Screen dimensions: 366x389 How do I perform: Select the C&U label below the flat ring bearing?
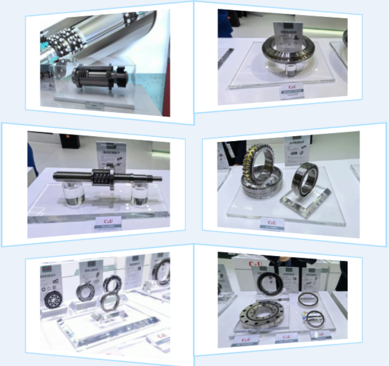click(x=292, y=86)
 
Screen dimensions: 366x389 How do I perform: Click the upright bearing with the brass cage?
click(x=259, y=170)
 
